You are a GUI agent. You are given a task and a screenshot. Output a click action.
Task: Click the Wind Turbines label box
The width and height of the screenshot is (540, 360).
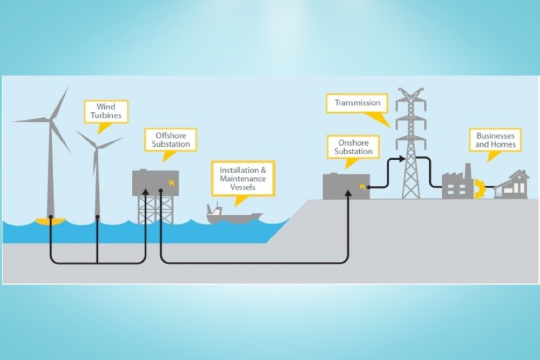coord(106,112)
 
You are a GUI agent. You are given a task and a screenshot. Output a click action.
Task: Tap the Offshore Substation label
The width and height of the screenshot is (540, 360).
coord(171,140)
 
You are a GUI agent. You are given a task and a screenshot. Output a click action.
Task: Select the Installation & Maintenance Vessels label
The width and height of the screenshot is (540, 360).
coord(242,178)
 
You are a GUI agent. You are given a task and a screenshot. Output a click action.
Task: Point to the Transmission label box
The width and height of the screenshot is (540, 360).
coord(357,103)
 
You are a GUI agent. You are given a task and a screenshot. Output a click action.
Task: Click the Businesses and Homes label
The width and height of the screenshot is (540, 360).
coord(495,140)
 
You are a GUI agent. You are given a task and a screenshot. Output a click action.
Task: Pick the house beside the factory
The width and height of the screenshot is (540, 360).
coord(512,185)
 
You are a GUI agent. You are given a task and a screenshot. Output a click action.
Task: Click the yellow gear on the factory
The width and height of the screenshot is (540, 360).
coord(479,189)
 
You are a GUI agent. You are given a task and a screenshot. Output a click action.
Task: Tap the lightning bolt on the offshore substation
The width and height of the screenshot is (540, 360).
coord(172,182)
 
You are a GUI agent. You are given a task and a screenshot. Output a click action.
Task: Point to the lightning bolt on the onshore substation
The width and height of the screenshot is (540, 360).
coord(361,186)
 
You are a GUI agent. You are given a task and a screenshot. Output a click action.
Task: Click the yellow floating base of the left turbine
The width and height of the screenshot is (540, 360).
coord(50,221)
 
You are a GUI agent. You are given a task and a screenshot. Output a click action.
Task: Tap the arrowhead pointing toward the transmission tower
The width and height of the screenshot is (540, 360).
coord(402,159)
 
